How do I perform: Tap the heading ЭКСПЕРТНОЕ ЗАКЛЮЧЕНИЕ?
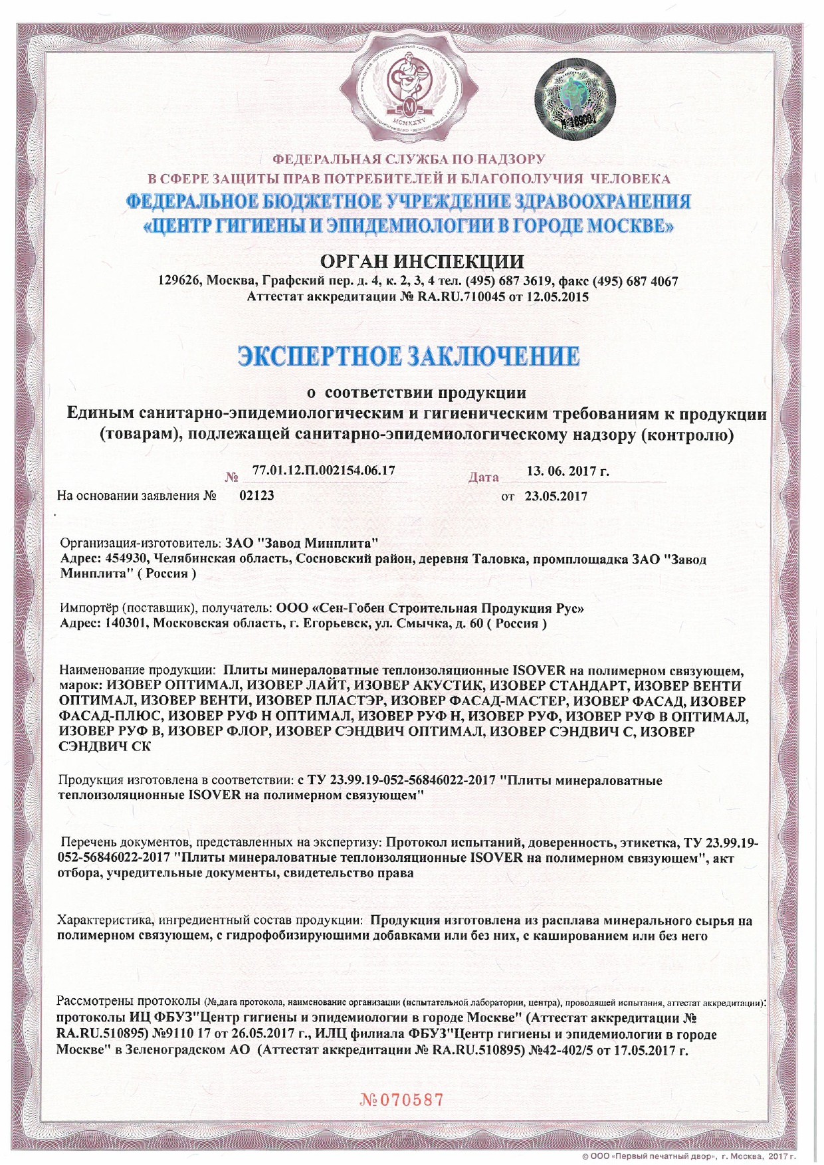[409, 356]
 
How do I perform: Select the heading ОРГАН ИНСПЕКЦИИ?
[421, 261]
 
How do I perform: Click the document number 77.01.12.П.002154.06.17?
[324, 471]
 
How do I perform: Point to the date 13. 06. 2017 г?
[567, 472]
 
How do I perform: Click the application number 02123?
[257, 495]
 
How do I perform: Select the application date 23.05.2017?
[556, 496]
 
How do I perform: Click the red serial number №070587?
[401, 1100]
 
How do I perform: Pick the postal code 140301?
[125, 623]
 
